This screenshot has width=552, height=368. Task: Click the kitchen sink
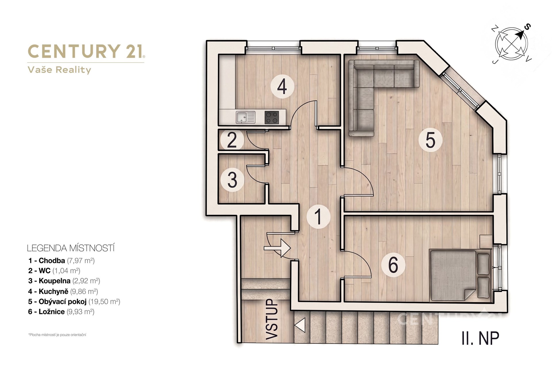[x=246, y=117]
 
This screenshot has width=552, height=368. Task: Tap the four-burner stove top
[x=272, y=117]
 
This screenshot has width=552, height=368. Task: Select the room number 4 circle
[x=282, y=86]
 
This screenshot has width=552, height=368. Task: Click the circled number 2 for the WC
[x=232, y=140]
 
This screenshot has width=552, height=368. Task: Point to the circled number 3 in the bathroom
[x=232, y=180]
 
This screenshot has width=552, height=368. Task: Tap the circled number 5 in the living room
[x=430, y=140]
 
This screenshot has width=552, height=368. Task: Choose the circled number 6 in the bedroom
[x=393, y=265]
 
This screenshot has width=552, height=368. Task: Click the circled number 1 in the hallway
[x=318, y=216]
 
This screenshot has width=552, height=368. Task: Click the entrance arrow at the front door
[x=277, y=248]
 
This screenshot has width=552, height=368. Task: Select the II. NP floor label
[x=480, y=338]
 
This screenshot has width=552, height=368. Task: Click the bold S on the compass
[x=527, y=27]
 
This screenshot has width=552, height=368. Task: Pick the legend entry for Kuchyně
[x=63, y=291]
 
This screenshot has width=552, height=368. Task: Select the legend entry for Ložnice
[x=61, y=312]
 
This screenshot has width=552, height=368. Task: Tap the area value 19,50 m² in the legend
[x=104, y=302]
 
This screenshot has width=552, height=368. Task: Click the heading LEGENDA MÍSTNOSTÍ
[x=71, y=248]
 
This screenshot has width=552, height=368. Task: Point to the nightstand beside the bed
[x=486, y=241]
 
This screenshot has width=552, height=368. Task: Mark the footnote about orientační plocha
[x=57, y=335]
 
